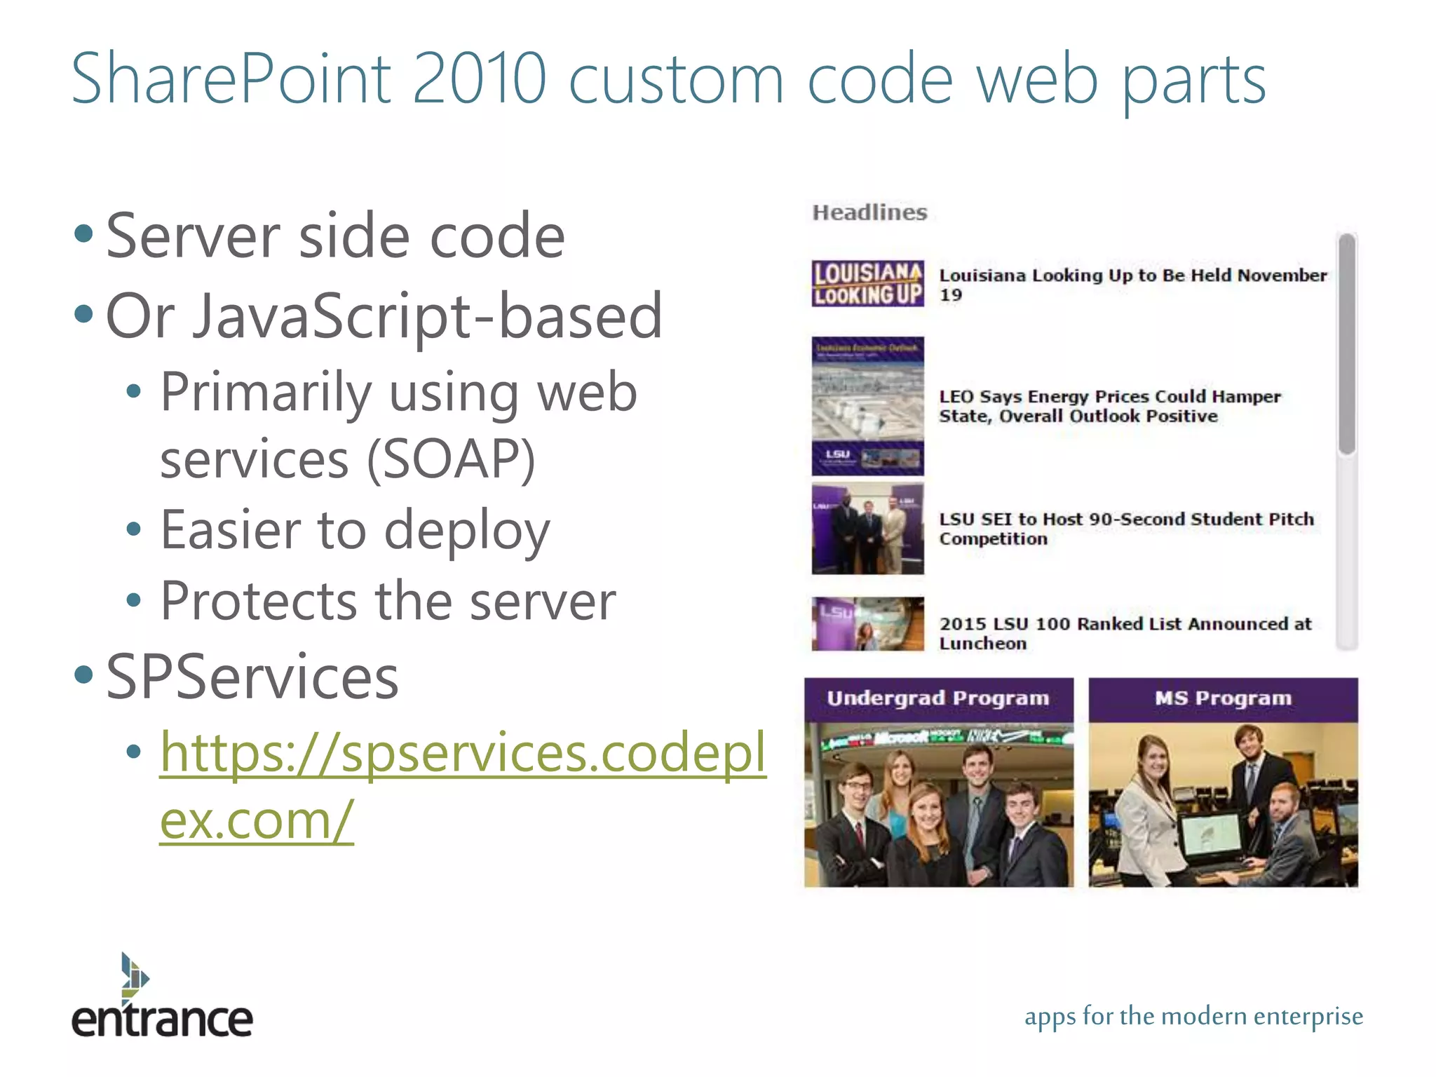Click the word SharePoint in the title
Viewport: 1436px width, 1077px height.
[231, 79]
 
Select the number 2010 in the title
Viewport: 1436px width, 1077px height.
[479, 79]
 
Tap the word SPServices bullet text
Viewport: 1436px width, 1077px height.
[252, 677]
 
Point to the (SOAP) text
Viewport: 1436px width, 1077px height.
[452, 460]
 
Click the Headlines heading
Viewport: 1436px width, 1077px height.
[869, 212]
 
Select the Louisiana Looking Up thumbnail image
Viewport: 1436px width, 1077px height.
[868, 284]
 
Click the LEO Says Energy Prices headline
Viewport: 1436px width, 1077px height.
[1109, 407]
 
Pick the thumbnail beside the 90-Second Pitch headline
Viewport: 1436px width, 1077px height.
[868, 529]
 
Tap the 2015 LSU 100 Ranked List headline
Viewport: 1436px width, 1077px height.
[1125, 633]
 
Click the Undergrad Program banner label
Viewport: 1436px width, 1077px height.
[938, 698]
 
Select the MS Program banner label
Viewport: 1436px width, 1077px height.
[1223, 698]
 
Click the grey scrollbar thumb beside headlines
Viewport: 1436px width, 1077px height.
[1346, 344]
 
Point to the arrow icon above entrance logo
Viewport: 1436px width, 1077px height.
[133, 975]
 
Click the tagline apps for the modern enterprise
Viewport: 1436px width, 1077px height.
[1193, 1016]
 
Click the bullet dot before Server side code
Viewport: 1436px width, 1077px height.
[83, 233]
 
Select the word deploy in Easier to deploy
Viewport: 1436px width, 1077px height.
[467, 531]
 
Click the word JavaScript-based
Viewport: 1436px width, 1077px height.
[428, 317]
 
